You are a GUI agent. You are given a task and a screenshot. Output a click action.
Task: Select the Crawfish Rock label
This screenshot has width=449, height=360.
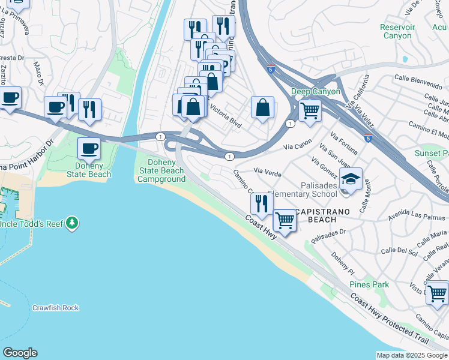click(55, 308)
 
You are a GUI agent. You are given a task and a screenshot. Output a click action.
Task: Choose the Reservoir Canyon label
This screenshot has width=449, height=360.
click(397, 31)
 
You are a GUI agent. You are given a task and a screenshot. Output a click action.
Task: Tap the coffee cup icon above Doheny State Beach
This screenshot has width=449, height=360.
click(89, 148)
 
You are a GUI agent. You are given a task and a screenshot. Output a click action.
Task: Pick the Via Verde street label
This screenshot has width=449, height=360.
click(268, 173)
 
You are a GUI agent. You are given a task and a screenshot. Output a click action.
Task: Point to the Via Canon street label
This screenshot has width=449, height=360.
click(298, 145)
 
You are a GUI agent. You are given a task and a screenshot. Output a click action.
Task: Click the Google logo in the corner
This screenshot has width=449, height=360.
click(20, 353)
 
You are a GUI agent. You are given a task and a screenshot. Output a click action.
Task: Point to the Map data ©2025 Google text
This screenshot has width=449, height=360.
click(412, 355)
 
